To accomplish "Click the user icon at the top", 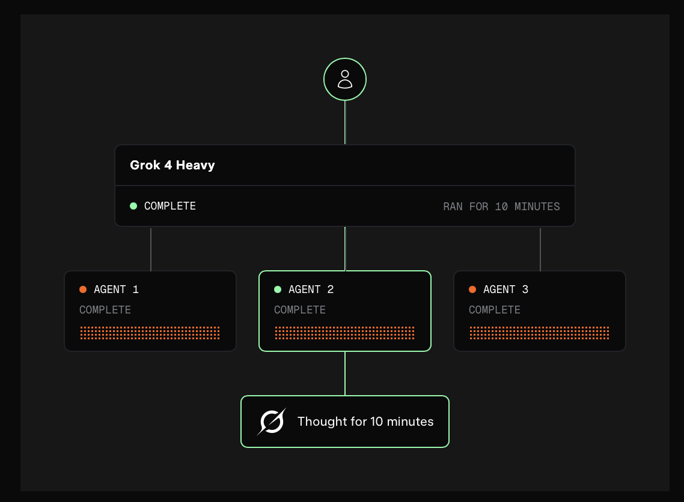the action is tap(344, 79).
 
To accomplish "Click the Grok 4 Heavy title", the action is tap(173, 165).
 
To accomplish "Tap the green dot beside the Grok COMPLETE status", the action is tap(133, 206).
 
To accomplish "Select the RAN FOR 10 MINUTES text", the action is tap(501, 207).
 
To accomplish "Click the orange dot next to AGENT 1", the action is tap(83, 289).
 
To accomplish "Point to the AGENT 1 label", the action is tap(116, 289).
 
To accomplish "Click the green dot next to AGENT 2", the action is tap(278, 289).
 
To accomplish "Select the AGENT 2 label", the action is tap(311, 289).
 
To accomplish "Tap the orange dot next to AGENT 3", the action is tap(472, 289).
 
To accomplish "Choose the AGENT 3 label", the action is tap(505, 289).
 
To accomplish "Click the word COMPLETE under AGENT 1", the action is tap(105, 310).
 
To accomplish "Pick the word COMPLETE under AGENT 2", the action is tap(300, 310).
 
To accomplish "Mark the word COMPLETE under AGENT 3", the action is tap(495, 310).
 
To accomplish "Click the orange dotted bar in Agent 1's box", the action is tap(150, 333).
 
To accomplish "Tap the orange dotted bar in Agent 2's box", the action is tap(344, 333).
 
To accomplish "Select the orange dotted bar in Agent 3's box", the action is tap(540, 333).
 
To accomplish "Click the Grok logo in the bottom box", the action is tap(271, 422).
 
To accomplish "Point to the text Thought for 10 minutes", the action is tap(365, 422).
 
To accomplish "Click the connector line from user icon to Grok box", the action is tap(345, 122).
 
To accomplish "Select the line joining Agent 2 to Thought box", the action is tap(345, 373).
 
